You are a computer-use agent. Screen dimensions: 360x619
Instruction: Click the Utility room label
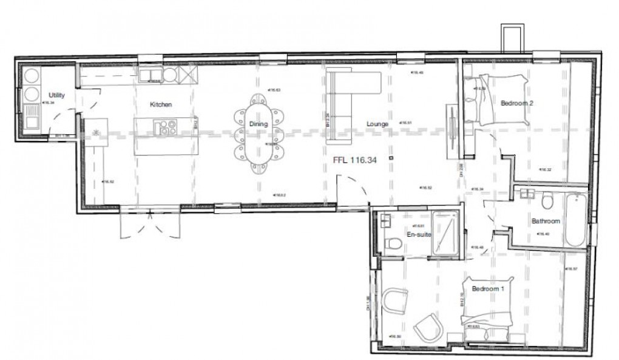click(x=56, y=95)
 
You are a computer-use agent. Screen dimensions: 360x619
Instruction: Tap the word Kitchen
click(x=161, y=104)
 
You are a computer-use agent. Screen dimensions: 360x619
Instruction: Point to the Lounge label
click(x=377, y=124)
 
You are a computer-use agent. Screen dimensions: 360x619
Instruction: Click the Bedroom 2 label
click(x=516, y=103)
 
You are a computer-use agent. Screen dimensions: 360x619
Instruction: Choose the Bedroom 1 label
click(x=488, y=289)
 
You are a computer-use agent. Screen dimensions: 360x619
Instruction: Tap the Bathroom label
click(x=545, y=222)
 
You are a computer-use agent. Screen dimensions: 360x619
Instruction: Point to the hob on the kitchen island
click(x=165, y=127)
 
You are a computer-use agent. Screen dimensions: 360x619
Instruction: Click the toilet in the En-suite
click(x=393, y=244)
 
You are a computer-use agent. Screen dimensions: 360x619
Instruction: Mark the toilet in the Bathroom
click(x=547, y=200)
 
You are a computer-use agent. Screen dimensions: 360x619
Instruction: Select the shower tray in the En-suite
click(x=446, y=233)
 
